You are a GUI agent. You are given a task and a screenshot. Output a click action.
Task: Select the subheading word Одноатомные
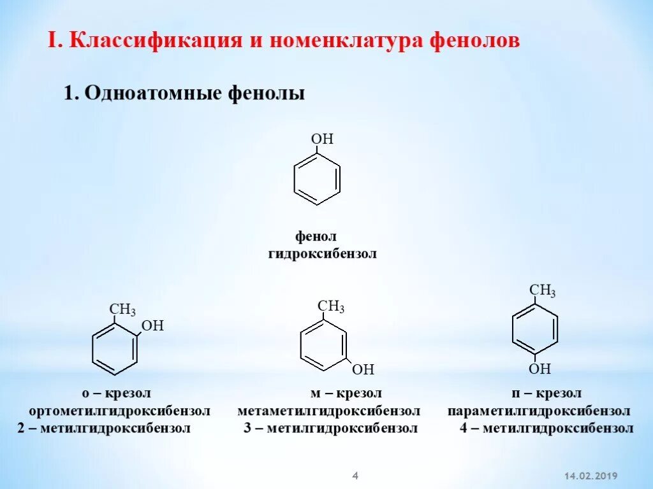pyautogui.click(x=152, y=94)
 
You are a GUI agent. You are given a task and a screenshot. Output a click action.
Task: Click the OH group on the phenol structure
pyautogui.click(x=322, y=139)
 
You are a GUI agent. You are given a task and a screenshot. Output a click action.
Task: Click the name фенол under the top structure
pyautogui.click(x=316, y=237)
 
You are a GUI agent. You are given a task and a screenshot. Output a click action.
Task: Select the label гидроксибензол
pyautogui.click(x=322, y=254)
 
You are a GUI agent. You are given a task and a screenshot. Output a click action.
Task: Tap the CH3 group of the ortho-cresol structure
pyautogui.click(x=122, y=310)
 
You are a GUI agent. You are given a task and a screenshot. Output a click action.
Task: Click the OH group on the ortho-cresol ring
pyautogui.click(x=152, y=326)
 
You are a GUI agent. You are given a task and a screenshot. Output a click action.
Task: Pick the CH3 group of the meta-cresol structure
pyautogui.click(x=331, y=306)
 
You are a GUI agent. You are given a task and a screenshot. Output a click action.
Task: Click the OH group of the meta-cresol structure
pyautogui.click(x=363, y=369)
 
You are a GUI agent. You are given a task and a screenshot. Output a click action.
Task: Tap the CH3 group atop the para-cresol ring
pyautogui.click(x=543, y=291)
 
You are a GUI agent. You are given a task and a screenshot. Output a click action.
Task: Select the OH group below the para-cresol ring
pyautogui.click(x=539, y=369)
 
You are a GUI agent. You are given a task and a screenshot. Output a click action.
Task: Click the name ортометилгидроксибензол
pyautogui.click(x=120, y=411)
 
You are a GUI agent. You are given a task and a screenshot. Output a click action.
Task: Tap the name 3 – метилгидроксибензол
pyautogui.click(x=330, y=428)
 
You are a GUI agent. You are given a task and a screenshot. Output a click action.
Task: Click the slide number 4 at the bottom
pyautogui.click(x=356, y=475)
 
